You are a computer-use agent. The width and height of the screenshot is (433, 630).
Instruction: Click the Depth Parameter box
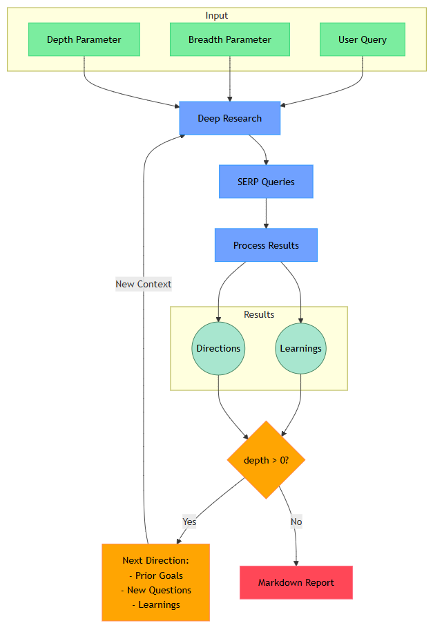pyautogui.click(x=84, y=39)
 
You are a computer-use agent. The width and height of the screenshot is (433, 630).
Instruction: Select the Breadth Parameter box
pyautogui.click(x=229, y=39)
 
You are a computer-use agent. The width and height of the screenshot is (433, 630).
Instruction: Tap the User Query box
pyautogui.click(x=362, y=39)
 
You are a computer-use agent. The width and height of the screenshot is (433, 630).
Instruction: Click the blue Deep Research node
pyautogui.click(x=229, y=118)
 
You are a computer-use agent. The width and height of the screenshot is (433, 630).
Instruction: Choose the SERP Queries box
pyautogui.click(x=266, y=182)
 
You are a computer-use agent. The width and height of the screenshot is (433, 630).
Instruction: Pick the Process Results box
pyautogui.click(x=266, y=245)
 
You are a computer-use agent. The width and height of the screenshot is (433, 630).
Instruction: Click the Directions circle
pyautogui.click(x=218, y=348)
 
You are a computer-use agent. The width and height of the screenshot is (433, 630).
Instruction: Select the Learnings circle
pyautogui.click(x=300, y=348)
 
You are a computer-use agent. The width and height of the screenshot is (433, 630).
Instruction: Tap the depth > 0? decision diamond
pyautogui.click(x=266, y=460)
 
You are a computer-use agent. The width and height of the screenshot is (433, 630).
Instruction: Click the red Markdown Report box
pyautogui.click(x=296, y=582)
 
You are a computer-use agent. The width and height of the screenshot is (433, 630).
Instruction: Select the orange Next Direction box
pyautogui.click(x=155, y=582)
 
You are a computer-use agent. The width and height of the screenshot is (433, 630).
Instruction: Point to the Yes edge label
pyautogui.click(x=189, y=522)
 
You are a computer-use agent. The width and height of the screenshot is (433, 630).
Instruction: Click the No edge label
pyautogui.click(x=296, y=522)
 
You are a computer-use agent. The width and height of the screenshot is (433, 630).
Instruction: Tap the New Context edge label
pyautogui.click(x=144, y=284)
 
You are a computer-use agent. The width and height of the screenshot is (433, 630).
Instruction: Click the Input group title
pyautogui.click(x=216, y=15)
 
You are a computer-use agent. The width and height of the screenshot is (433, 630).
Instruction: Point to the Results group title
pyautogui.click(x=259, y=314)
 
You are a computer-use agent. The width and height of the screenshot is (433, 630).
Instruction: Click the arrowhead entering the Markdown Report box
pyautogui.click(x=296, y=562)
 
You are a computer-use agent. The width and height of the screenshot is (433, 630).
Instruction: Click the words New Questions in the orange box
pyautogui.click(x=160, y=590)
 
